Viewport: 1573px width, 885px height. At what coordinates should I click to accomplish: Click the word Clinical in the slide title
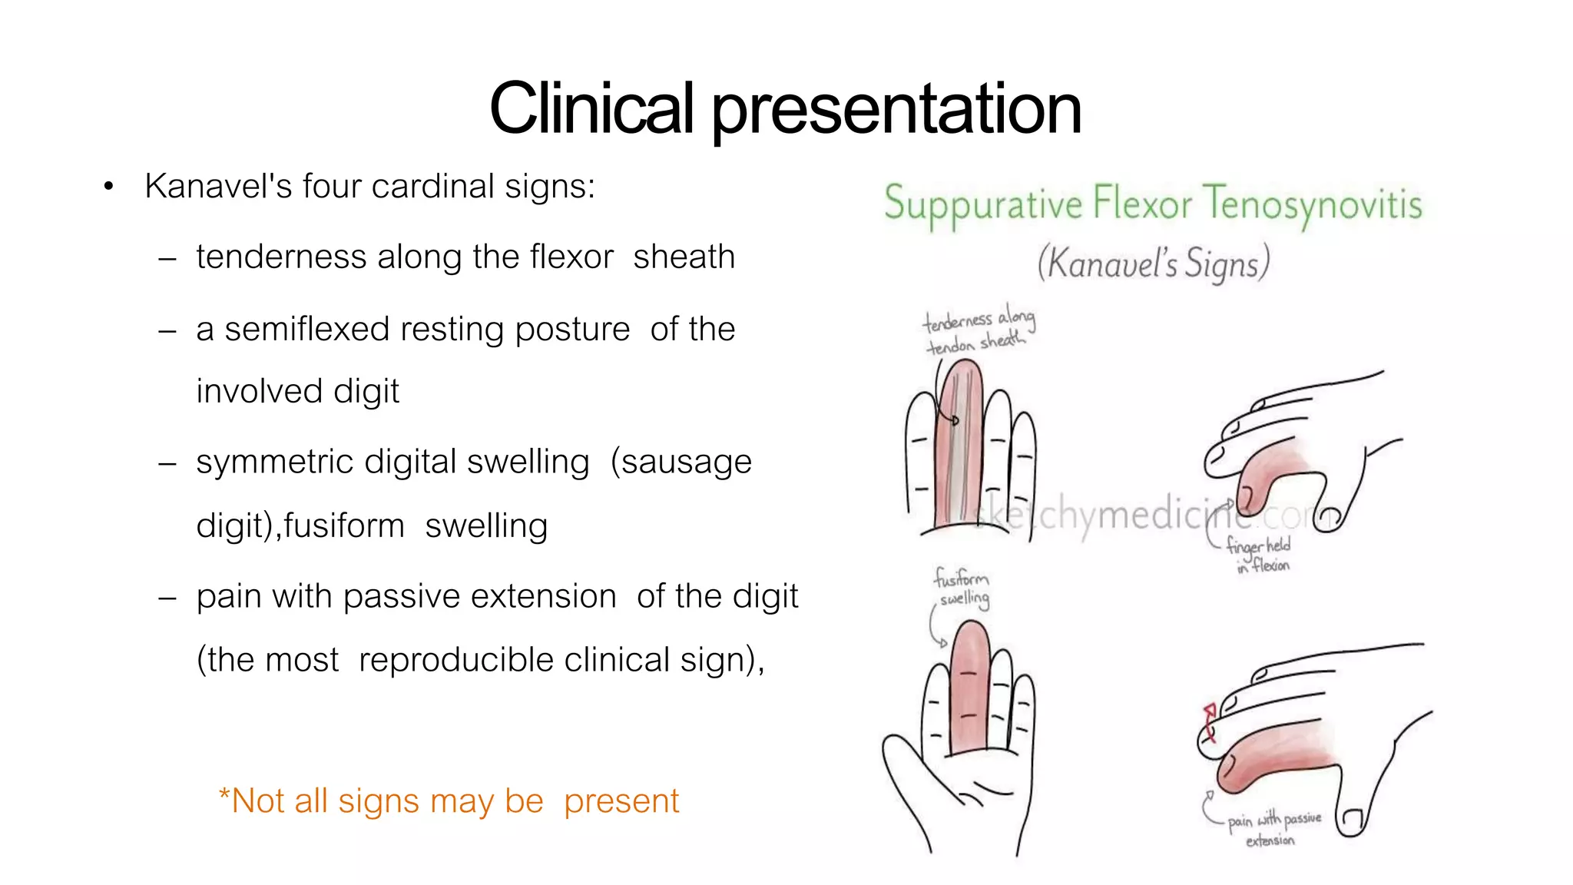tap(591, 109)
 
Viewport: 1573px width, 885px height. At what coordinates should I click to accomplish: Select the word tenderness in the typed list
tap(281, 257)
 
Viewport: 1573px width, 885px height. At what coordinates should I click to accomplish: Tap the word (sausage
tap(681, 462)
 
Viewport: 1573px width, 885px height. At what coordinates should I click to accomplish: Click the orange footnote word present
tap(621, 801)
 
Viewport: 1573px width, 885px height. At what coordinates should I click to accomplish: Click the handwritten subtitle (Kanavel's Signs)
tap(1153, 264)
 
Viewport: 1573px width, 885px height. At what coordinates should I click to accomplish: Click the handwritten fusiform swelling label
tap(962, 588)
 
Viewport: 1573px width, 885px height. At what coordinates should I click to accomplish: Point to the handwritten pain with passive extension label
tap(1273, 829)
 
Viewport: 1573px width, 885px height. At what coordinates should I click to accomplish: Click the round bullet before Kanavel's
tap(108, 187)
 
